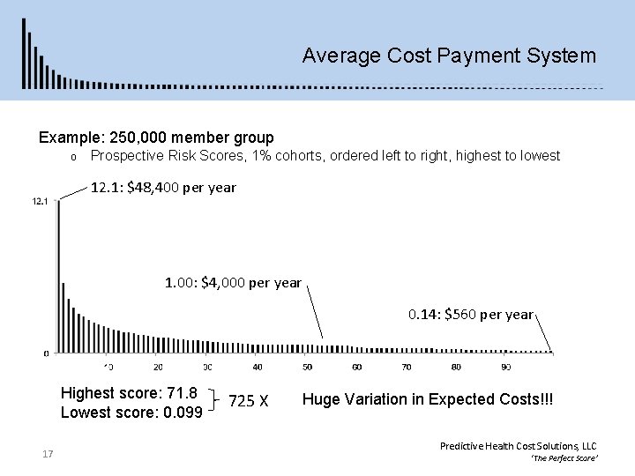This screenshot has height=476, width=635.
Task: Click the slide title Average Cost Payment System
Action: click(448, 56)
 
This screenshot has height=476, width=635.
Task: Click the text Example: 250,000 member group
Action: click(156, 138)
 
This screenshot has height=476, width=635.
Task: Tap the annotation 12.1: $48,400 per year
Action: click(164, 188)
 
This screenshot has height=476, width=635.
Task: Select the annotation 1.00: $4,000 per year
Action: click(234, 283)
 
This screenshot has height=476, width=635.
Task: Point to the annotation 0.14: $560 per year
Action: click(470, 314)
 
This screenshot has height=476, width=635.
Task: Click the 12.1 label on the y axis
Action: click(39, 202)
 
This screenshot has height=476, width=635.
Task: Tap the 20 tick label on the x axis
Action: click(157, 367)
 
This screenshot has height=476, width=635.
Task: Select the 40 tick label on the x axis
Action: click(257, 367)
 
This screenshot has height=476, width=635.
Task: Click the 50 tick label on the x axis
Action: click(307, 367)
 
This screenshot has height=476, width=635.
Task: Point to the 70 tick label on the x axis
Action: click(407, 367)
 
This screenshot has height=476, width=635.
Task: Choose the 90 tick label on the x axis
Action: click(505, 367)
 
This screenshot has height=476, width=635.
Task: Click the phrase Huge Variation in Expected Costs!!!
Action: click(428, 399)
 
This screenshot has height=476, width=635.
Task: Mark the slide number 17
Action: click(48, 454)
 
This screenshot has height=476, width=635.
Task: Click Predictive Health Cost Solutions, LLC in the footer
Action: click(518, 447)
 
